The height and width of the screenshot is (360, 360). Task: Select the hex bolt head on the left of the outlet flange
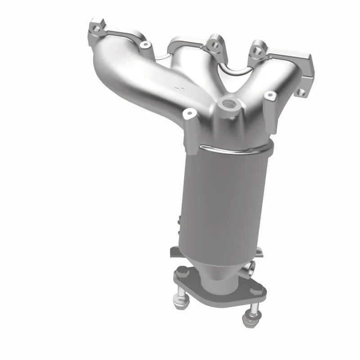181,271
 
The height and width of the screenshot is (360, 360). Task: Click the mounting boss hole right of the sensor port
270,95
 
